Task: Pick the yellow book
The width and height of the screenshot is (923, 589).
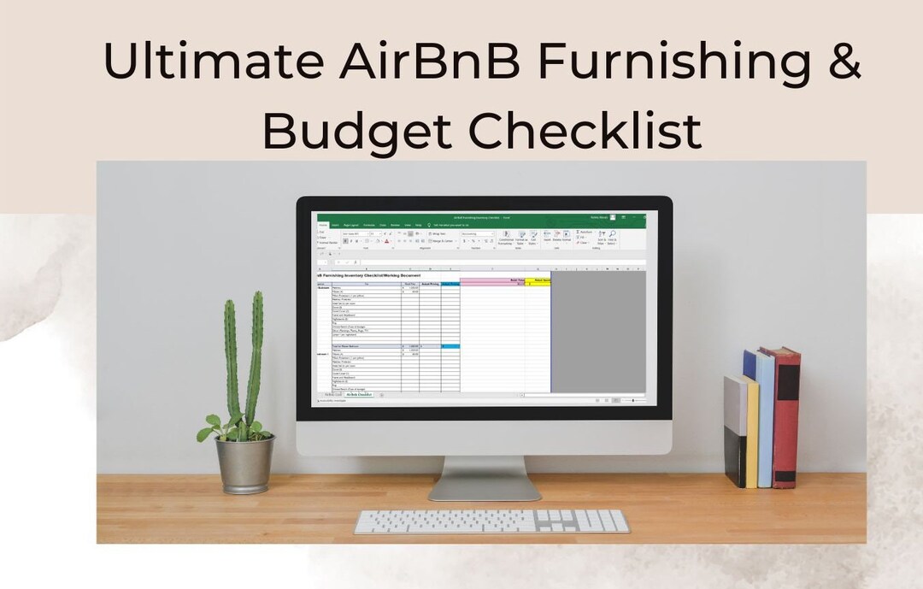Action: [x=750, y=432]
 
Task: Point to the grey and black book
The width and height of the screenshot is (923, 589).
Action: [x=734, y=432]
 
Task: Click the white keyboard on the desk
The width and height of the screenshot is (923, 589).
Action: [x=491, y=521]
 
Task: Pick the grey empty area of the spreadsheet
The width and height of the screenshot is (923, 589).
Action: [x=598, y=333]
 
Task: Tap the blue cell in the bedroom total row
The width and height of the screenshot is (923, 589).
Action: [x=450, y=345]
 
